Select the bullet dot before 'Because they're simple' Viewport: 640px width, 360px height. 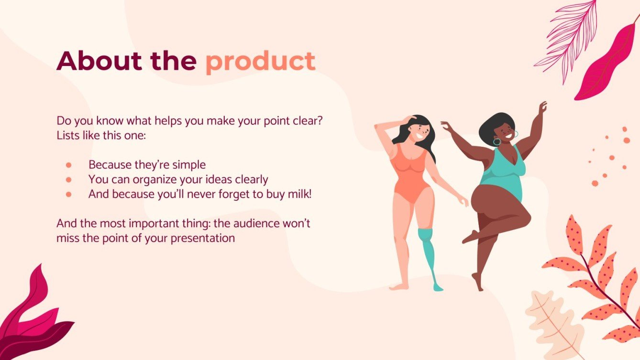pos(68,165)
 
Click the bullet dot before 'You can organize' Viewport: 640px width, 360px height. pos(68,180)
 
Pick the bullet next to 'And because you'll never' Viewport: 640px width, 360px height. pos(68,195)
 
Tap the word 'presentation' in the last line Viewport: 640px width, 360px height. pos(203,238)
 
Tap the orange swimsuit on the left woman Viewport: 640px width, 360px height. pos(410,174)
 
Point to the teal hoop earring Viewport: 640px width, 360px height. pos(497,142)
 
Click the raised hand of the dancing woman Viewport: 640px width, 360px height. pos(542,108)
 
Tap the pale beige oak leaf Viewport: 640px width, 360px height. pos(554,324)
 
